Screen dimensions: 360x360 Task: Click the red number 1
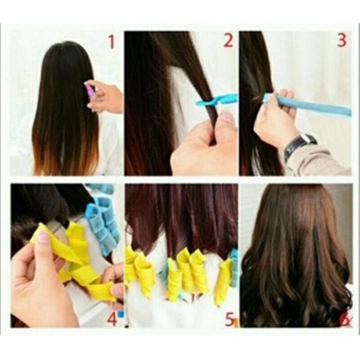[x=111, y=42]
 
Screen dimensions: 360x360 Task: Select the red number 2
[x=229, y=40]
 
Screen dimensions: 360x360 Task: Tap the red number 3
[x=342, y=40]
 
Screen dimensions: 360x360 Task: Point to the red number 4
[x=112, y=319]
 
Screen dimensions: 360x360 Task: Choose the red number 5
[x=229, y=319]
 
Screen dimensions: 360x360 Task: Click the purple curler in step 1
[x=90, y=90]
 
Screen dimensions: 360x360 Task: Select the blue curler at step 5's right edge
[x=234, y=268]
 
